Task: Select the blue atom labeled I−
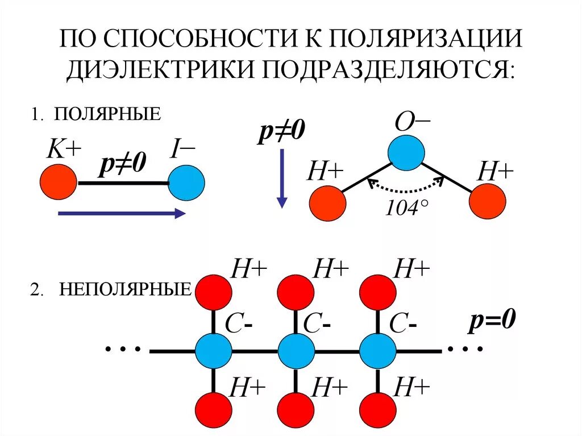186,183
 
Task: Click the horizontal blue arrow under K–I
121,214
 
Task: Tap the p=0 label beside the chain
492,321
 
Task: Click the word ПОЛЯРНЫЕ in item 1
107,114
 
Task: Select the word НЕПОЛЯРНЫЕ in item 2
125,290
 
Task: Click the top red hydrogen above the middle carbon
296,292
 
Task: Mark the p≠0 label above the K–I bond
122,164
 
